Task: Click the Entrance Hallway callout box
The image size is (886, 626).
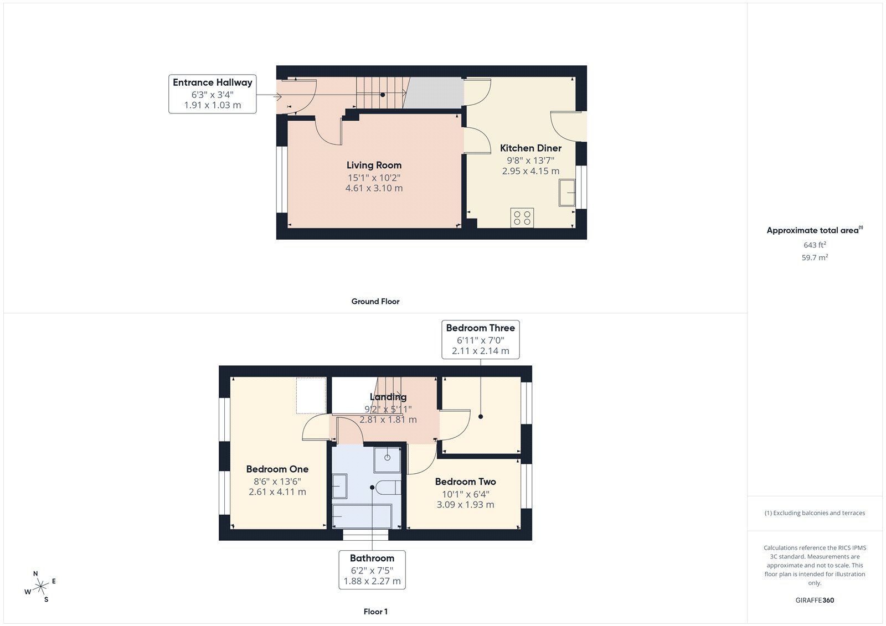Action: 212,94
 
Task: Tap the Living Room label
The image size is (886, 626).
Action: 374,165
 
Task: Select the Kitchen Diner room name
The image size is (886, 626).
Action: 530,148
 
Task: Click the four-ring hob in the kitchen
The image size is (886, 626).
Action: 522,218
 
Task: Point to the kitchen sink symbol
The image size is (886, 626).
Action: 567,193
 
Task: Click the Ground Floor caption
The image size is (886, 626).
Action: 375,301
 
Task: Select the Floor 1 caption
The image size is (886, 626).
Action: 375,612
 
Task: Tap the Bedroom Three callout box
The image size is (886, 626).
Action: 480,339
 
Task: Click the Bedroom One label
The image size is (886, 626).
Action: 277,469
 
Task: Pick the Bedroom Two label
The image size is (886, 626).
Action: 465,482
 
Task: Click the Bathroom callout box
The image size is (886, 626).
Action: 372,569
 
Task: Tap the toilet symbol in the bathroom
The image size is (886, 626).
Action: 389,488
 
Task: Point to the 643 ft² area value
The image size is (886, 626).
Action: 814,245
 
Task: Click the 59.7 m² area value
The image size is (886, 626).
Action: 814,257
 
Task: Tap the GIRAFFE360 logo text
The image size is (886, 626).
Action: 814,600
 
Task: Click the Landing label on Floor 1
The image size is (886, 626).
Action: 388,397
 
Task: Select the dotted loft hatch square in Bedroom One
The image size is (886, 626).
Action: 311,395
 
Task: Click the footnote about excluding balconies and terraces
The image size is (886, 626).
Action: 814,513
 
